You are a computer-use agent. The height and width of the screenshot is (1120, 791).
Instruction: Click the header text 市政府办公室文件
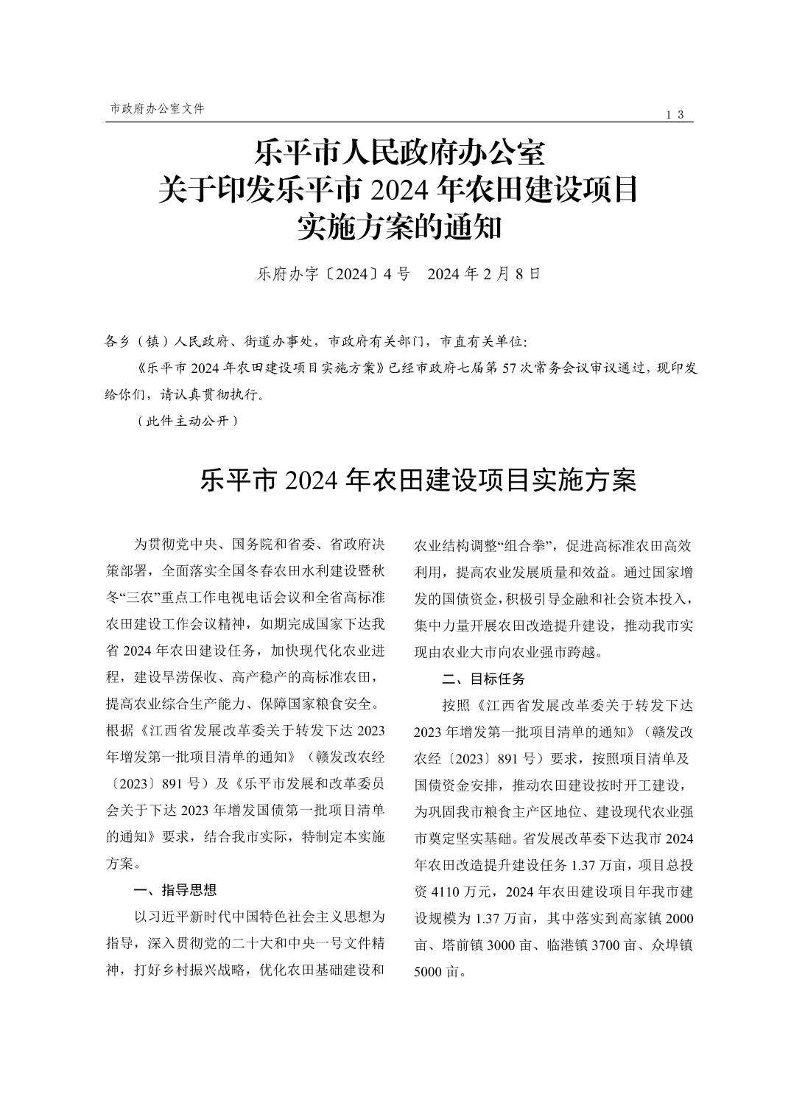tap(157, 108)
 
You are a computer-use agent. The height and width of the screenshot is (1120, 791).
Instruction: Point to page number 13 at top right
tap(675, 114)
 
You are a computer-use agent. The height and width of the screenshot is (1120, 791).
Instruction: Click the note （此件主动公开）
tap(188, 421)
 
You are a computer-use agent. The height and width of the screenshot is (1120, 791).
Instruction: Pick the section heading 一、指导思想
tap(175, 890)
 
